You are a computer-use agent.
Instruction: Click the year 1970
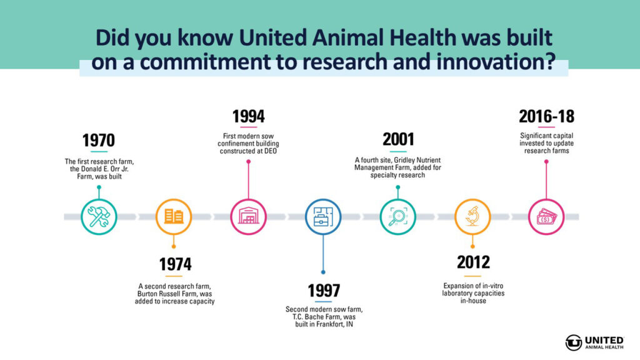[99, 141]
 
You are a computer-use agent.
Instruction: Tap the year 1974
[175, 264]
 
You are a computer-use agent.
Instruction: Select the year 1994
[248, 116]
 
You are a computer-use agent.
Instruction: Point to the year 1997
[324, 291]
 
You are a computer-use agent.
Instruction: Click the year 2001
[398, 139]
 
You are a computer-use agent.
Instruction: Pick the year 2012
[473, 262]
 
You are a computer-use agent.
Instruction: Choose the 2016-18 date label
[546, 116]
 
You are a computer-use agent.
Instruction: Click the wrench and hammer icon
[99, 217]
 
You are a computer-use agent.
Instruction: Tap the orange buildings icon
[174, 216]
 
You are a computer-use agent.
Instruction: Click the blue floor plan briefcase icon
[323, 217]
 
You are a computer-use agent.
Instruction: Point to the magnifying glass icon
[398, 217]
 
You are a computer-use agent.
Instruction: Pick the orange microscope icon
[472, 216]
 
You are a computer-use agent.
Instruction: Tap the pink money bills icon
[546, 217]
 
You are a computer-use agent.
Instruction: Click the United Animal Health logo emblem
[574, 342]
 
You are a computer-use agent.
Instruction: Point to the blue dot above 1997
[323, 272]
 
